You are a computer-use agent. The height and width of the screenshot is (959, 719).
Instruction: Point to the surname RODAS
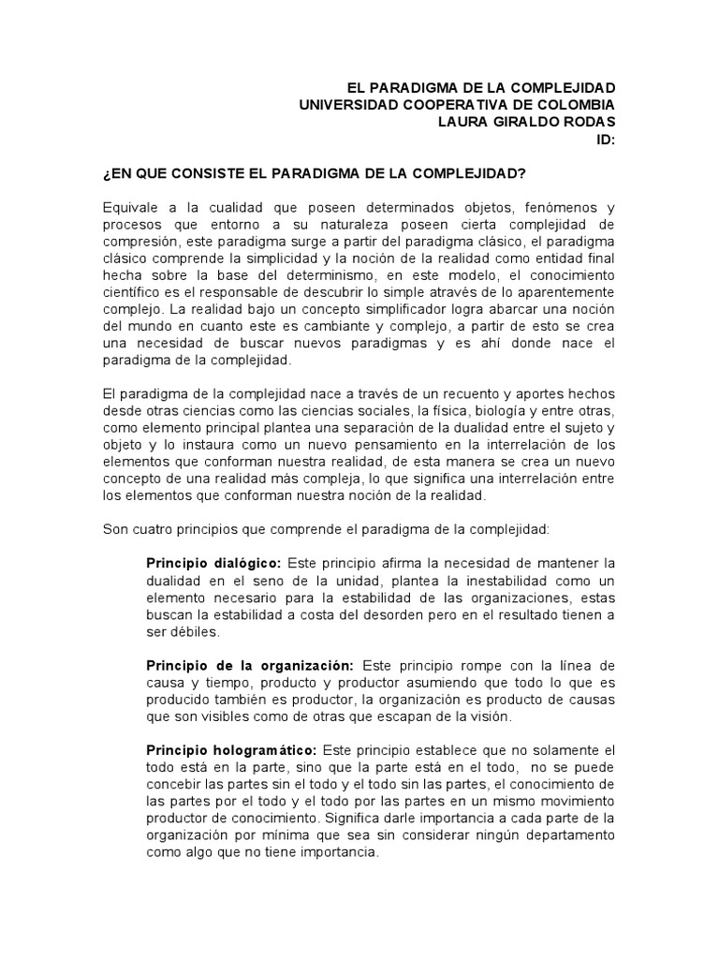click(588, 123)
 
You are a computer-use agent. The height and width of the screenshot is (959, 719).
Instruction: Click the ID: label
click(606, 140)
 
